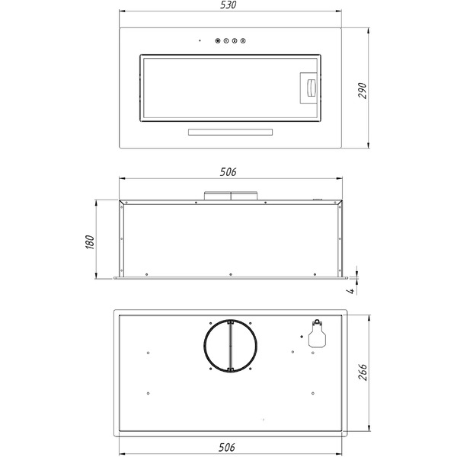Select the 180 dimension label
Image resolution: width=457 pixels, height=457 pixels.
[x=90, y=241]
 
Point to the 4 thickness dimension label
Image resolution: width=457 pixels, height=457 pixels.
[x=348, y=290]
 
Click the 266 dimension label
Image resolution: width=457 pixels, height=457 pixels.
[x=363, y=372]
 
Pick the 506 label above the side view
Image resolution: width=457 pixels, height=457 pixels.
[x=228, y=173]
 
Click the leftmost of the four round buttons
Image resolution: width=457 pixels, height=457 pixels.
[x=219, y=42]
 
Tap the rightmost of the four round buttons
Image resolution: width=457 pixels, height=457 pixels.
[x=243, y=42]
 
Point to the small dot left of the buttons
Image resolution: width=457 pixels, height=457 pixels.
[x=200, y=42]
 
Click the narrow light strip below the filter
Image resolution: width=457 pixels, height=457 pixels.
[x=229, y=133]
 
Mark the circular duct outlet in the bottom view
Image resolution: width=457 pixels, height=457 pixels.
[x=229, y=347]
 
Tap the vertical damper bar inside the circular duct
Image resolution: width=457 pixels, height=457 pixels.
[x=229, y=347]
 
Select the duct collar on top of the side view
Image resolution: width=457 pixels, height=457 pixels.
[x=229, y=194]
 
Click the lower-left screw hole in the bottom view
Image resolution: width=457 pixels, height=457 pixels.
[x=147, y=393]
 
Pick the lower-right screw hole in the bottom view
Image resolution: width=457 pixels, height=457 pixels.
[x=312, y=393]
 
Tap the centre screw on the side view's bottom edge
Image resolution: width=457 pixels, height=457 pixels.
[x=229, y=273]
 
